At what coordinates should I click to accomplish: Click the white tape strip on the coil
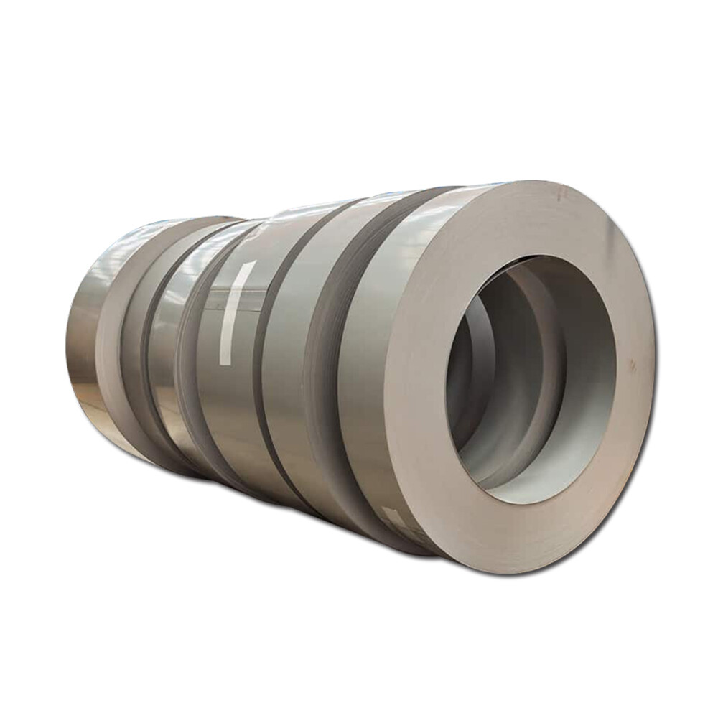[x=238, y=313]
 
